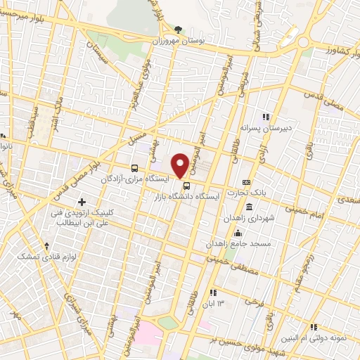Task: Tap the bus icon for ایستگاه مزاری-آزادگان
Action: pyautogui.click(x=134, y=168)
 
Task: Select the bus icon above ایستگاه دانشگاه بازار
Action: pyautogui.click(x=186, y=186)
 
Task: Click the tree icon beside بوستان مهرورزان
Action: pyautogui.click(x=177, y=30)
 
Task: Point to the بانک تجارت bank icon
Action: pyautogui.click(x=245, y=182)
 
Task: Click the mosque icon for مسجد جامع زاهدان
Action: pyautogui.click(x=238, y=233)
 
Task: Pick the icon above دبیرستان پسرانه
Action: pyautogui.click(x=266, y=117)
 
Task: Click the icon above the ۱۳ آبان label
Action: pyautogui.click(x=214, y=292)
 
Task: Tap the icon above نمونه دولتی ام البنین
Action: pyautogui.click(x=314, y=326)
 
